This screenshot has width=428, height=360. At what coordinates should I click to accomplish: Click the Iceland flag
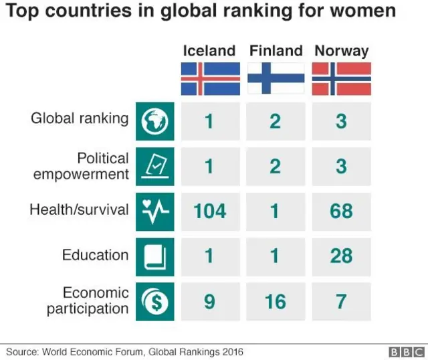pyautogui.click(x=210, y=78)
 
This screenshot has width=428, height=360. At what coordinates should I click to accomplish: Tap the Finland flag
pyautogui.click(x=276, y=78)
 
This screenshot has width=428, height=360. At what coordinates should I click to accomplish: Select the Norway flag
pyautogui.click(x=341, y=78)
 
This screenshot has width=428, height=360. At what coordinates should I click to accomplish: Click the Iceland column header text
pyautogui.click(x=209, y=51)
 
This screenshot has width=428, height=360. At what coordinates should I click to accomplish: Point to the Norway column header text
pyautogui.click(x=341, y=51)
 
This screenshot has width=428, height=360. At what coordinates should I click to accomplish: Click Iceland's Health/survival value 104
pyautogui.click(x=210, y=211)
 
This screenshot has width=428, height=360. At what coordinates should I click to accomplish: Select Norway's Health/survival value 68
pyautogui.click(x=341, y=211)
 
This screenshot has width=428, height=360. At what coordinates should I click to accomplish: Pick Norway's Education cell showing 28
pyautogui.click(x=341, y=256)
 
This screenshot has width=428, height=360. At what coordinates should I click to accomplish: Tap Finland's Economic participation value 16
pyautogui.click(x=276, y=301)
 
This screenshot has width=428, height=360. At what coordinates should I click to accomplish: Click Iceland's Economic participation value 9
pyautogui.click(x=210, y=301)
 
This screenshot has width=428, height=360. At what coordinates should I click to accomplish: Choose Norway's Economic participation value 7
pyautogui.click(x=341, y=301)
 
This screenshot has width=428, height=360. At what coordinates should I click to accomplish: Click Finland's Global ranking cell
pyautogui.click(x=276, y=121)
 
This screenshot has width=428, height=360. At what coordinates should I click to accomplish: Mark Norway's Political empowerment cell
pyautogui.click(x=341, y=166)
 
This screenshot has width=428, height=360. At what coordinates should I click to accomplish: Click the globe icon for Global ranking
pyautogui.click(x=154, y=121)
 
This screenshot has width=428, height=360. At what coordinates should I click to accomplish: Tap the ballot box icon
pyautogui.click(x=154, y=166)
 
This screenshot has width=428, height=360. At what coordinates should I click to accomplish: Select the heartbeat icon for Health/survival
pyautogui.click(x=154, y=211)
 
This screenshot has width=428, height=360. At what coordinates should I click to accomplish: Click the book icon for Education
pyautogui.click(x=154, y=256)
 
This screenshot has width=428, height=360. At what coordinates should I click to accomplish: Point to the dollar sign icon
pyautogui.click(x=154, y=301)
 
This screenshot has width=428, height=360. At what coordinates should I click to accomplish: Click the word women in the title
pyautogui.click(x=364, y=12)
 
